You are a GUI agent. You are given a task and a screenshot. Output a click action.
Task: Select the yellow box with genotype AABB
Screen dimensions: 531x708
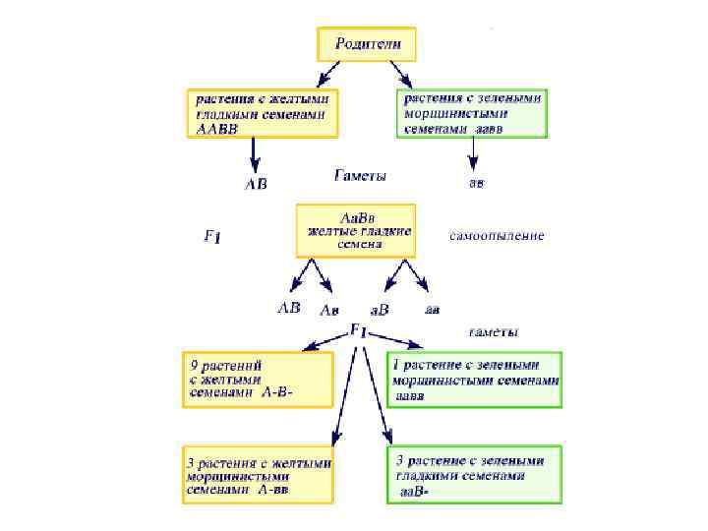264,114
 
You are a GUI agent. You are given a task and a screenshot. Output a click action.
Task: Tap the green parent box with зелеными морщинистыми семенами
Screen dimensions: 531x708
472,114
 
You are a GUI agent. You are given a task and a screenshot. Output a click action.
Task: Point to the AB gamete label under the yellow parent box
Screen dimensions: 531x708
255,184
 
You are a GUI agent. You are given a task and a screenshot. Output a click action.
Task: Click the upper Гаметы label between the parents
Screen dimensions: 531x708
360,177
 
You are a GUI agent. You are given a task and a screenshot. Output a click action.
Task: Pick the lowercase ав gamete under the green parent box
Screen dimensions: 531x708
475,183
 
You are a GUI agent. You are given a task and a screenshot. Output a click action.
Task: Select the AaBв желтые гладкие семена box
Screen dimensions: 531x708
356,230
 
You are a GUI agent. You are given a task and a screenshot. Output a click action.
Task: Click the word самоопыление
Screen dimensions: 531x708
497,237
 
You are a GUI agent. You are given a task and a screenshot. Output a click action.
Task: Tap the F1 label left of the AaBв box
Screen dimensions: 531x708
211,237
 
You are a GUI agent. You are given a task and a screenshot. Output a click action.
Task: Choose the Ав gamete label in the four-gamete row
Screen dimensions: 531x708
331,311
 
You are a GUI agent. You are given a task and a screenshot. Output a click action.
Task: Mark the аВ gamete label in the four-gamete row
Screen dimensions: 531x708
379,311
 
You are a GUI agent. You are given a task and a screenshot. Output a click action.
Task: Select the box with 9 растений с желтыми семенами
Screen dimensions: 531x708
258,379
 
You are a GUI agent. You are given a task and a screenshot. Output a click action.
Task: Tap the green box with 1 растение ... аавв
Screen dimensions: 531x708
476,379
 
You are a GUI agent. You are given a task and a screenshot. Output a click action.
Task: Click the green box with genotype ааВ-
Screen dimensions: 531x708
476,475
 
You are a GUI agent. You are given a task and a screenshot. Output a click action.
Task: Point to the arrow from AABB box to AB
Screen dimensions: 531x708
255,154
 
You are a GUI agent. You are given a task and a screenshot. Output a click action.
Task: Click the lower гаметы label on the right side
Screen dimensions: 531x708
494,330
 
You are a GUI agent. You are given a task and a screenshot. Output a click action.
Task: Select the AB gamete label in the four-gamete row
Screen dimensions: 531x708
288,308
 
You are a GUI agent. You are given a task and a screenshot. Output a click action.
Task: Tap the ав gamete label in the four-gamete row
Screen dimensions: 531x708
432,309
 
